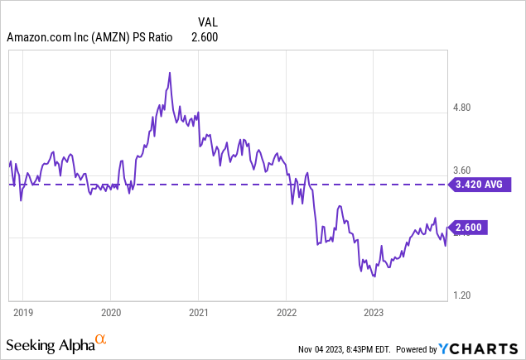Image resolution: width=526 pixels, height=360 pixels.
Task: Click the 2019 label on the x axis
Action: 23,312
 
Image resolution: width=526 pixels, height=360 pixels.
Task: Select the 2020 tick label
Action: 111,312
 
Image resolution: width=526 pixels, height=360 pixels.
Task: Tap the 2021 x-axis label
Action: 198,312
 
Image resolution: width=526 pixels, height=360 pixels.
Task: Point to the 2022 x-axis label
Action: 286,312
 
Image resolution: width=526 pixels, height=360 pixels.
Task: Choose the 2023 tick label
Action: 374,312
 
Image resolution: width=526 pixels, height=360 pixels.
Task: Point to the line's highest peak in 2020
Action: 169,73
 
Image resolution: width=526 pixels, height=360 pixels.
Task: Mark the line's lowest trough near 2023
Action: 374,276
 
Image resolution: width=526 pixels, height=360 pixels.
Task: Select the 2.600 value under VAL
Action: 206,37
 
